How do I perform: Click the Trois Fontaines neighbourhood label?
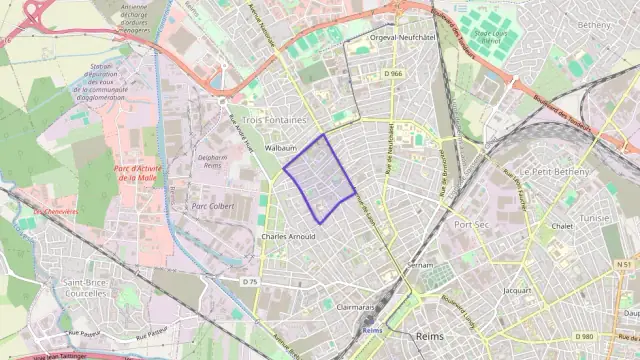tap(274, 119)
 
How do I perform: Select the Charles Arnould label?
tap(287, 237)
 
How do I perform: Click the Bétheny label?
tap(593, 25)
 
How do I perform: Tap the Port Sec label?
tap(470, 224)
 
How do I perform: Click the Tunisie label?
tap(594, 216)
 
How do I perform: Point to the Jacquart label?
tap(518, 290)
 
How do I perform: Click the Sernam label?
tap(421, 265)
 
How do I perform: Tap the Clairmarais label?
tap(356, 308)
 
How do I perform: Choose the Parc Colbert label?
tap(212, 206)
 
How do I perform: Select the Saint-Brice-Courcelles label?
tap(86, 289)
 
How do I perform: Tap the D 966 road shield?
tap(391, 73)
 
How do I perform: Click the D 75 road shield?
tap(250, 282)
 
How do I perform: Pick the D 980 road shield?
tap(585, 337)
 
